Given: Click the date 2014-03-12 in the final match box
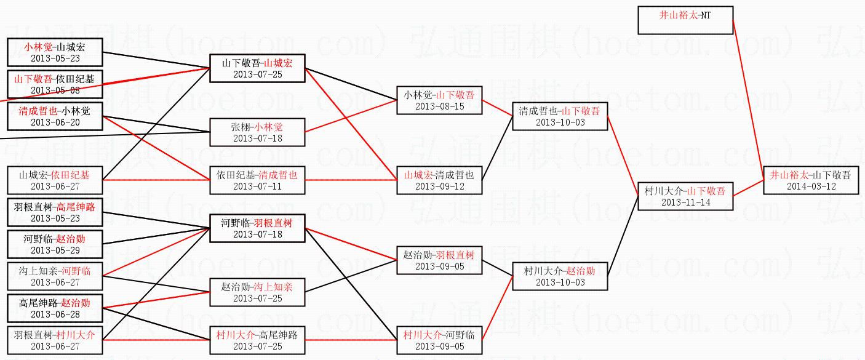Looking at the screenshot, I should pyautogui.click(x=811, y=186).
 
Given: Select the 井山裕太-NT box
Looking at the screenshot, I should pyautogui.click(x=685, y=20).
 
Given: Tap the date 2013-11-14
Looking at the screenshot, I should pyautogui.click(x=685, y=202).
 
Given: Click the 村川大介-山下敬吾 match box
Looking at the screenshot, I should pyautogui.click(x=685, y=196).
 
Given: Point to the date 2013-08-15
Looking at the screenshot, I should pyautogui.click(x=439, y=106).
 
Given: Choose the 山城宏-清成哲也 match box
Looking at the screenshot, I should pyautogui.click(x=439, y=180).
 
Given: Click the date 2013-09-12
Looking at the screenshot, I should pyautogui.click(x=439, y=186).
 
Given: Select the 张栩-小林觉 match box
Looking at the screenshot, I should pyautogui.click(x=257, y=132).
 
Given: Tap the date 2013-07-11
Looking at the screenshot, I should pyautogui.click(x=257, y=186).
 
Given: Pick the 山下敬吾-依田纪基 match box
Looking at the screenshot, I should pyautogui.click(x=55, y=84).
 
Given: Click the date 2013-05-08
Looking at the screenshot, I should pyautogui.click(x=55, y=90).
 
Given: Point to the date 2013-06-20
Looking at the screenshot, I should pyautogui.click(x=55, y=122).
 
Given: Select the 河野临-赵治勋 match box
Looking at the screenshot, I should pyautogui.click(x=55, y=244).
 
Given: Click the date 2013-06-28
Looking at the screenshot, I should pyautogui.click(x=55, y=314).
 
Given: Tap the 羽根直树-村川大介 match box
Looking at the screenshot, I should pyautogui.click(x=55, y=340).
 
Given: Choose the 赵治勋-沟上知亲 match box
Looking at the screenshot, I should pyautogui.click(x=257, y=292).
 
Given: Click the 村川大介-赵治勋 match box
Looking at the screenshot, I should pyautogui.click(x=560, y=276).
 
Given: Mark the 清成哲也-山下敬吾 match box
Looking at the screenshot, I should pyautogui.click(x=560, y=116).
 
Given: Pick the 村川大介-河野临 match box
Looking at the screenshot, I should pyautogui.click(x=439, y=340).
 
